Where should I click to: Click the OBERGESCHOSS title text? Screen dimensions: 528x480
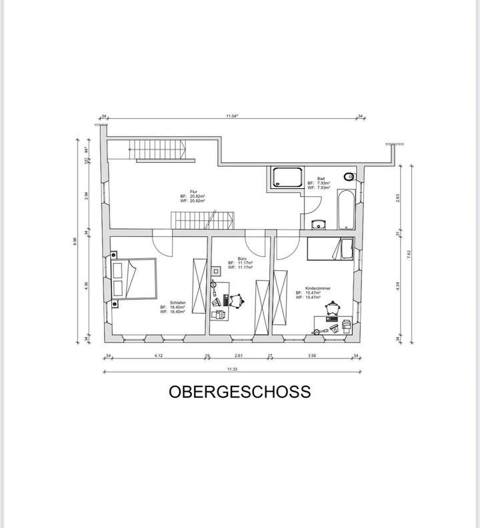[239, 391]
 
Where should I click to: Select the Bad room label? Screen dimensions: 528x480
[321, 179]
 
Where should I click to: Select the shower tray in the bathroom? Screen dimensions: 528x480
[287, 178]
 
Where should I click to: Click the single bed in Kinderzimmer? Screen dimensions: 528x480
[329, 249]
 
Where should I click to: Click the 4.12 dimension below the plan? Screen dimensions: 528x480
[159, 355]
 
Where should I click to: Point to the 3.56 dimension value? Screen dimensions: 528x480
[312, 355]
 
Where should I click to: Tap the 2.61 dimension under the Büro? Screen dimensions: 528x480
[239, 355]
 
